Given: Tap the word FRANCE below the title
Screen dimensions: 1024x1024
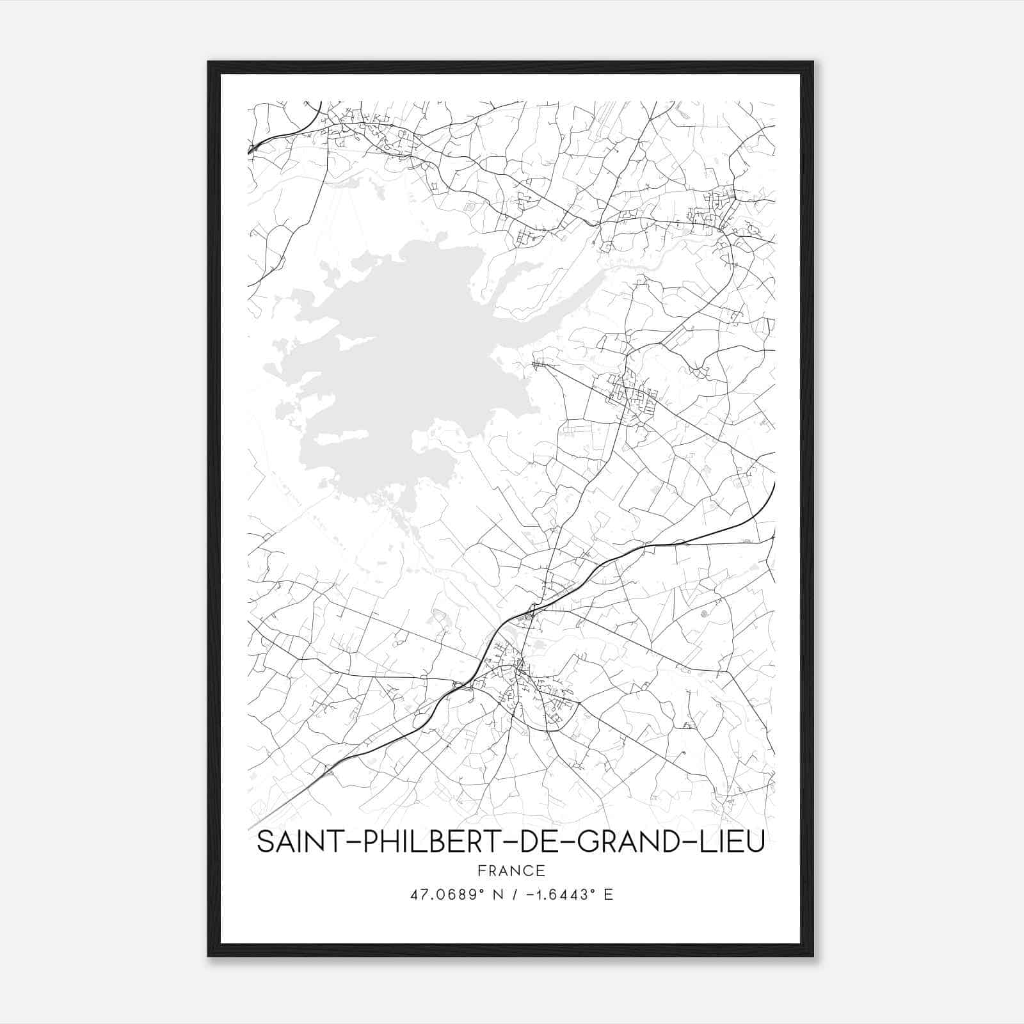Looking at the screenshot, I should [511, 870].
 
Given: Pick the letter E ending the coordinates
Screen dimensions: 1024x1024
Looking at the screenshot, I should [609, 895].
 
